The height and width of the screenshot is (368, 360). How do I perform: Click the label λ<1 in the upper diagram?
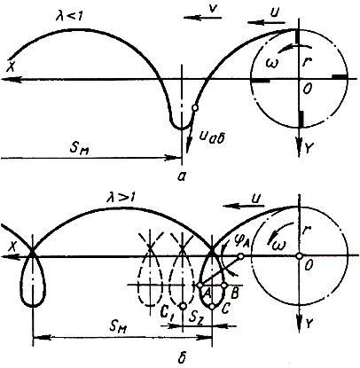[x=70, y=16]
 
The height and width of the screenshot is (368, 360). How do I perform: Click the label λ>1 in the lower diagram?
[x=121, y=197]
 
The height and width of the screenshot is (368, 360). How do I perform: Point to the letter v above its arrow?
[x=211, y=8]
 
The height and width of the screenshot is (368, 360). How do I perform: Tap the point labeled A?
[x=200, y=286]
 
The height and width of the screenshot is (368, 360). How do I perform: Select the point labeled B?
[x=224, y=286]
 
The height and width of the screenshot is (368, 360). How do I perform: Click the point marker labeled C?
[x=212, y=307]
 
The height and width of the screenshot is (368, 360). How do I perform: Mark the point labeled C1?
[x=184, y=306]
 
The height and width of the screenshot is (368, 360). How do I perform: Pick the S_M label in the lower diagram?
[x=118, y=327]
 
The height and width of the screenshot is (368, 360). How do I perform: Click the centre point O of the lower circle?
[x=299, y=256]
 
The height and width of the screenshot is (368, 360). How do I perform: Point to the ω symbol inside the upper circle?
[x=272, y=63]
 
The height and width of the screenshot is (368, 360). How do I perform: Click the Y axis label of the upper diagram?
[x=308, y=150]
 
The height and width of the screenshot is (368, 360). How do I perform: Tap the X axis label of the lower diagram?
[x=12, y=247]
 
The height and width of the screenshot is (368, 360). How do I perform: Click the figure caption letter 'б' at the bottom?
[x=183, y=356]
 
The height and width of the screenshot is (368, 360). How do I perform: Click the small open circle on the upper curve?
[x=194, y=108]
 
